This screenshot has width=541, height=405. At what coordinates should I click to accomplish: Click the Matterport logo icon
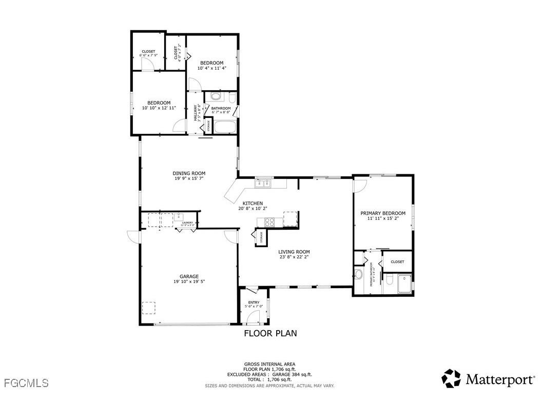click(x=452, y=379)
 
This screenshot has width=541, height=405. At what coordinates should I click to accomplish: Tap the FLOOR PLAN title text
click(x=270, y=333)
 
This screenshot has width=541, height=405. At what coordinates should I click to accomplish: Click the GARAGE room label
click(x=189, y=276)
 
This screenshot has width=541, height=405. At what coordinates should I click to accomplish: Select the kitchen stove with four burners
click(x=269, y=222)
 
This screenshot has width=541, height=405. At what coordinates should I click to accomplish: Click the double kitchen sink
click(x=264, y=182)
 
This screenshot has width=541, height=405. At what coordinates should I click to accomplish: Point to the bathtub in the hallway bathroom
click(x=224, y=127)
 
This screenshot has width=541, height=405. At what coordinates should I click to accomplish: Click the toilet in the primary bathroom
click(x=390, y=280)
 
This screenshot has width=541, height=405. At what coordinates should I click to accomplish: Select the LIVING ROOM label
click(x=294, y=252)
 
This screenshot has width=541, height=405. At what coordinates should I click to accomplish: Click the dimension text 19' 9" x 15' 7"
click(x=188, y=179)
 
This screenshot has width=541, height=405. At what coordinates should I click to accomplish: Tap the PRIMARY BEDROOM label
click(x=383, y=213)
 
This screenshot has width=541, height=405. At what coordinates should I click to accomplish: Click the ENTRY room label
click(x=254, y=302)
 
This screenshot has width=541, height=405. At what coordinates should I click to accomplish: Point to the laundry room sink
click(x=178, y=216)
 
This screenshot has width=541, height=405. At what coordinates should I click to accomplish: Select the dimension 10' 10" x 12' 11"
click(x=159, y=108)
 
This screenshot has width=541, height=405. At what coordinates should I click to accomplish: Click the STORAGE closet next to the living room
click(x=260, y=237)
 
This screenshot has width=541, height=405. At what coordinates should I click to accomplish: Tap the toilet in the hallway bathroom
click(x=232, y=97)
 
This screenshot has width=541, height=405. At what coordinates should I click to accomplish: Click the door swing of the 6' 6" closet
click(x=147, y=64)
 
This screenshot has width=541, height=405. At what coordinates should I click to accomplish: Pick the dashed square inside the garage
click(x=149, y=308)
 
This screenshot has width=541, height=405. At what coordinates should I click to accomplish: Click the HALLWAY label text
click(x=196, y=113)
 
